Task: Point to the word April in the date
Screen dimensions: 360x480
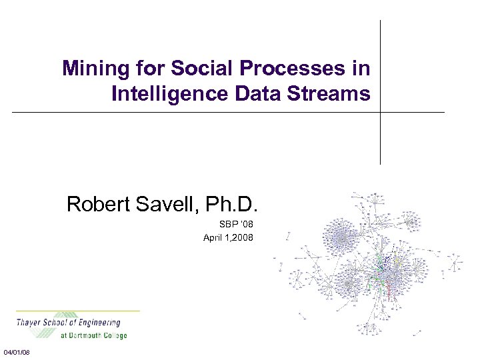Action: [x=214, y=237]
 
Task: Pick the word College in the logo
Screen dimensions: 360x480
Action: [x=115, y=335]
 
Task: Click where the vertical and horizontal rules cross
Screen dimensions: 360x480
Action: [x=380, y=112]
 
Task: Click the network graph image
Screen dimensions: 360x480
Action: [x=370, y=263]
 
